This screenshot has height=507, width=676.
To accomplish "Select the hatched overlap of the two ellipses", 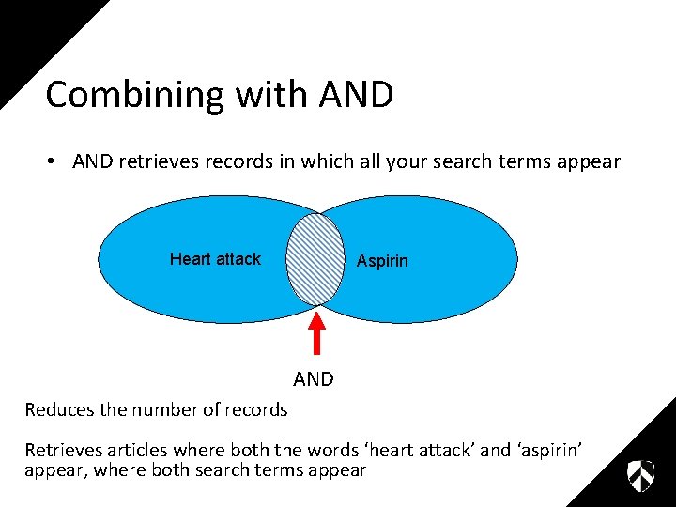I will click(x=315, y=259).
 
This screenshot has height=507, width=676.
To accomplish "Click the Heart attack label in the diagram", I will click(x=215, y=259).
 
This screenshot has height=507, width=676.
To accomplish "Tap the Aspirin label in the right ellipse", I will click(x=382, y=261).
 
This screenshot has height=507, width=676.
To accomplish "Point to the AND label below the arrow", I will click(x=314, y=379).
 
